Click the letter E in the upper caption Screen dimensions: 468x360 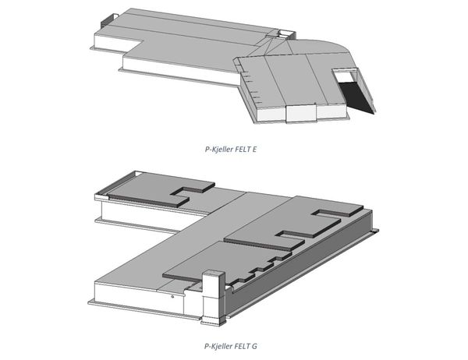point(254,149)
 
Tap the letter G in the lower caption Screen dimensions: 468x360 point(254,346)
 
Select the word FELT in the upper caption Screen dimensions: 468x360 point(243,149)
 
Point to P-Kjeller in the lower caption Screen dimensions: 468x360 point(218,346)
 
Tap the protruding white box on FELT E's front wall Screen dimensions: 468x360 point(301,113)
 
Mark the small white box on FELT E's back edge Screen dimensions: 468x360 point(286,34)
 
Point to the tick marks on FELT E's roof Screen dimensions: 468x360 point(250,86)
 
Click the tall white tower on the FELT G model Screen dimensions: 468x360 point(214,297)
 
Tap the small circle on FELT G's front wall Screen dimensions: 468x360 point(172,296)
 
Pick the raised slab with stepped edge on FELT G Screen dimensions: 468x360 point(227,263)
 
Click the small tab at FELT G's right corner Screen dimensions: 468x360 point(375,230)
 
